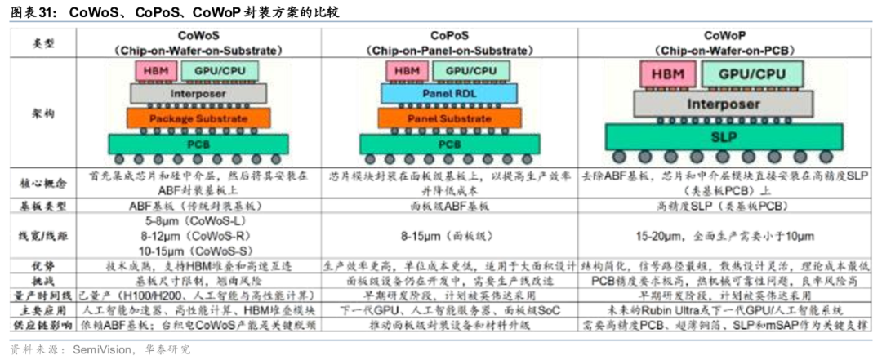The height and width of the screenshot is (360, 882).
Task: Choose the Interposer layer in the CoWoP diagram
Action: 723,104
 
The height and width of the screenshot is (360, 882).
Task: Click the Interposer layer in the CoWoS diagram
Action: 198,93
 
